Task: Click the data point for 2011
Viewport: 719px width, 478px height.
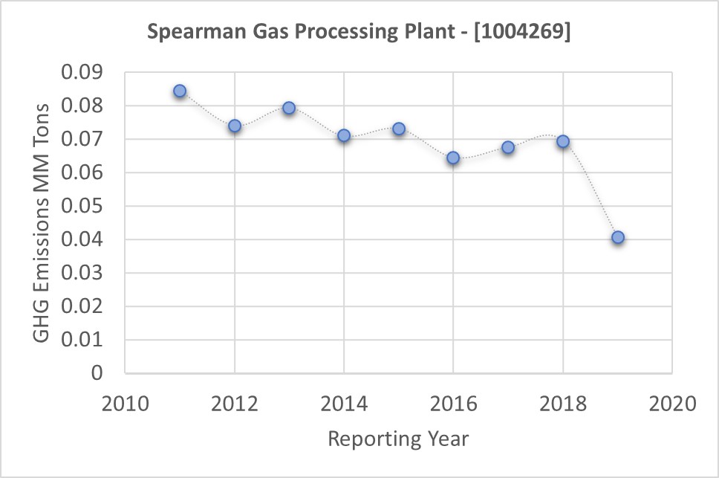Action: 180,91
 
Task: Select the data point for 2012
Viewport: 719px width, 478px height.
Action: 235,126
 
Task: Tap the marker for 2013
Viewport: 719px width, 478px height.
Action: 289,108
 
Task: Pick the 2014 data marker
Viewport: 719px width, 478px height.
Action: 344,135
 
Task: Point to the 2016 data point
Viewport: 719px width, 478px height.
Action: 453,158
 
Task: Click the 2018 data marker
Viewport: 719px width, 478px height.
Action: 563,141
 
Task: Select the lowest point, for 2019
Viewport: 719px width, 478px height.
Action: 617,238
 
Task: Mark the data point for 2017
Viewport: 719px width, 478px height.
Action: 508,147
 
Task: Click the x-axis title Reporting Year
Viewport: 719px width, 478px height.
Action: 398,439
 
